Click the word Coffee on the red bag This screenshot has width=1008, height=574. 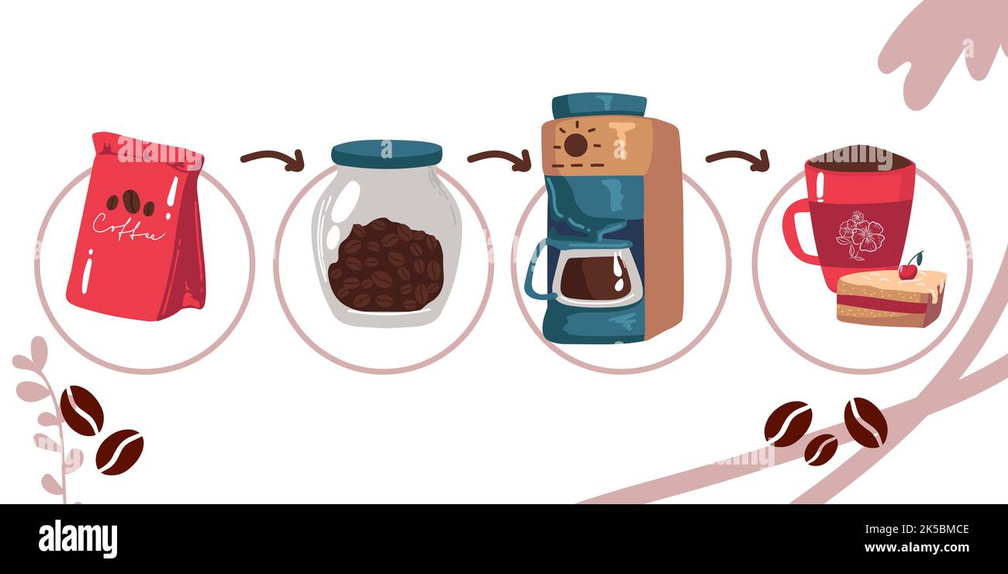point(128,226)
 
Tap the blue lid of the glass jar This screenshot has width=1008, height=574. point(386,153)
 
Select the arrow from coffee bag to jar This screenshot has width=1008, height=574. point(272,159)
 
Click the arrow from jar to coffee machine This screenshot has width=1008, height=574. point(499,159)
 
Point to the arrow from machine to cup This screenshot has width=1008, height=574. point(737,159)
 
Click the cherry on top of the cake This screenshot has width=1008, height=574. point(907,271)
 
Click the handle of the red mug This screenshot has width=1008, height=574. point(795,232)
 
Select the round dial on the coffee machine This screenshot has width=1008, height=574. point(575,144)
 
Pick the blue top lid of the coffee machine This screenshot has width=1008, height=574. point(599,105)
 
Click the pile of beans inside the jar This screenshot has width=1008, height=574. point(385,265)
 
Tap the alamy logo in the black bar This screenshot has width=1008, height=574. point(78,539)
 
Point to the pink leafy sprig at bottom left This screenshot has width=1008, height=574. point(47,419)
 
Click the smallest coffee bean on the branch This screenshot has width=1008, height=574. point(820,450)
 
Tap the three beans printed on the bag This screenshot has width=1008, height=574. point(130,202)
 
